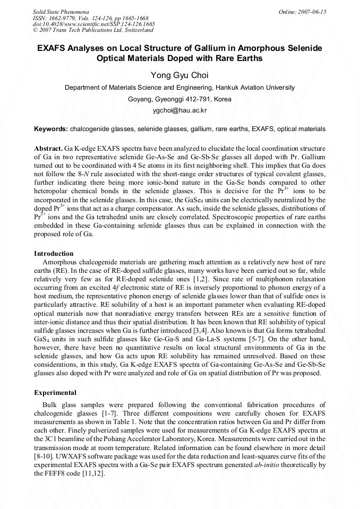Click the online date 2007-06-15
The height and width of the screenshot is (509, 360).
coord(310,11)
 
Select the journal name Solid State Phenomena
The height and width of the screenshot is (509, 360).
coord(61,11)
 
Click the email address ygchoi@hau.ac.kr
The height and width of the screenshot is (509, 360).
coord(179,110)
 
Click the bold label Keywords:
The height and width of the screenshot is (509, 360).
coord(51,129)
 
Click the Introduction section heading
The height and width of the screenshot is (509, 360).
coord(54,254)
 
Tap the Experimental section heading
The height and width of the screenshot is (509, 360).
coord(55,393)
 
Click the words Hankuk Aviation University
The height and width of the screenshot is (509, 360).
coord(253,88)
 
